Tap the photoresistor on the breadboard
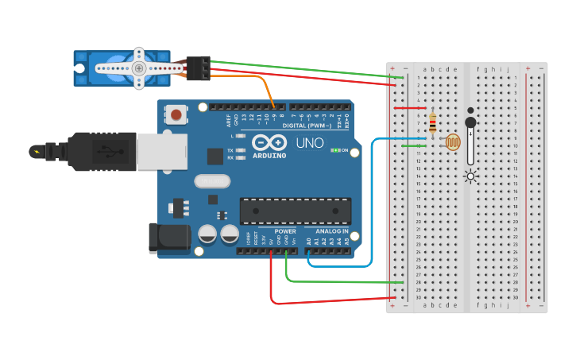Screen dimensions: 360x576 coord(453,143)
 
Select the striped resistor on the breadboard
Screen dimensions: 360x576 coord(432,123)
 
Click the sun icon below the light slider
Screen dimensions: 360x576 coord(470,176)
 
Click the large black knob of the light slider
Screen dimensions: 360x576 coord(470,122)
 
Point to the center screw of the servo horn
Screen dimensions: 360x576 coord(139,68)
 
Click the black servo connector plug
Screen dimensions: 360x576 coord(199,68)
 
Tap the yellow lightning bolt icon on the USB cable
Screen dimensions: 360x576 coord(36,151)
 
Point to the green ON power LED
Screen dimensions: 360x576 coord(336,149)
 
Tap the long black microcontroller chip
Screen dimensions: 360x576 coord(295,211)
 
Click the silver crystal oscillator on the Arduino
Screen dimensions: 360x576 coord(211,181)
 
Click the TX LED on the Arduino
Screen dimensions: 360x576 coord(239,149)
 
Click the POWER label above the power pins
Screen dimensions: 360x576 coord(285,231)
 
